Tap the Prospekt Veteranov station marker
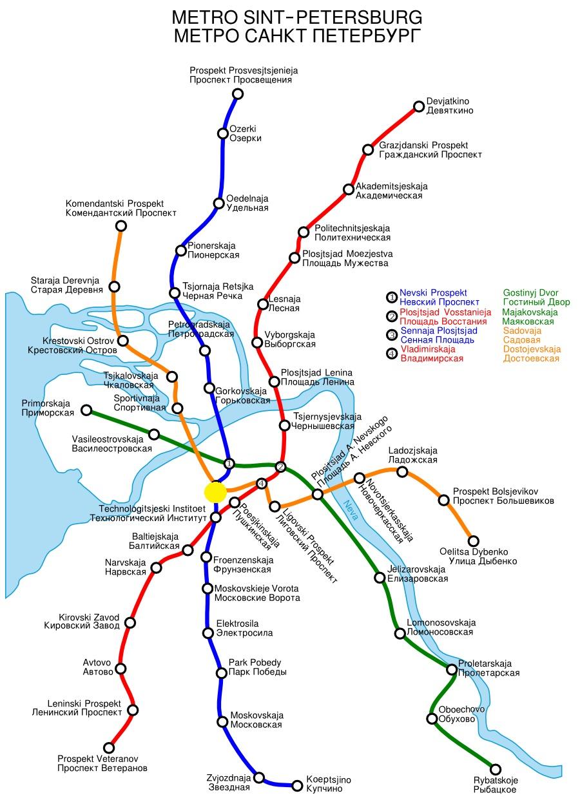pyautogui.click(x=109, y=748)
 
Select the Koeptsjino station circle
pyautogui.click(x=297, y=785)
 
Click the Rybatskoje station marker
pyautogui.click(x=496, y=769)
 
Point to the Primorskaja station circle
pyautogui.click(x=86, y=410)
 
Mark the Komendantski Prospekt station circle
pyautogui.click(x=121, y=225)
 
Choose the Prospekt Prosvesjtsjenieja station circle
pyautogui.click(x=237, y=94)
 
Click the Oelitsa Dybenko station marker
pyautogui.click(x=473, y=541)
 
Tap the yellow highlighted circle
pyautogui.click(x=215, y=492)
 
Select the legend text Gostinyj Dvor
pyautogui.click(x=530, y=292)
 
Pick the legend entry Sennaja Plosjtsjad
pyautogui.click(x=439, y=330)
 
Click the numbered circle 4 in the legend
pyautogui.click(x=391, y=353)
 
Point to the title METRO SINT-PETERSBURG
pyautogui.click(x=297, y=16)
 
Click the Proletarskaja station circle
pyautogui.click(x=452, y=669)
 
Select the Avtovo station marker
pyautogui.click(x=121, y=669)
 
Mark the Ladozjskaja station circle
pyautogui.click(x=402, y=472)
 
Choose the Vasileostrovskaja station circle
pyautogui.click(x=154, y=435)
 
